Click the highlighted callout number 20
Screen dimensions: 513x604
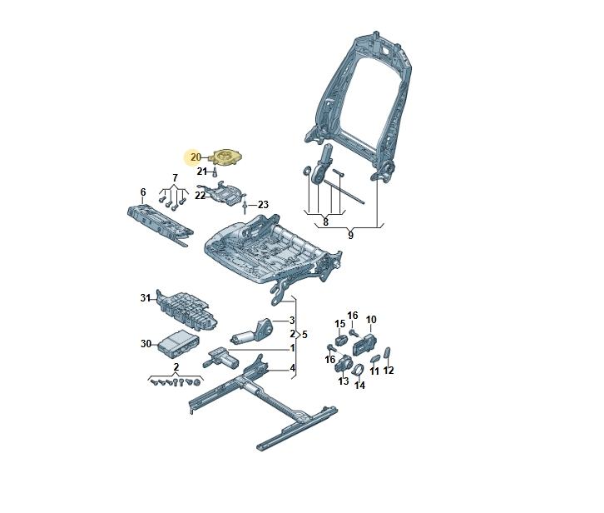click(x=196, y=157)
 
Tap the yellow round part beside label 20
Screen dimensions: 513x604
click(x=225, y=157)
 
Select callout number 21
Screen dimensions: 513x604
click(x=201, y=172)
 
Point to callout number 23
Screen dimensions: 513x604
click(x=263, y=205)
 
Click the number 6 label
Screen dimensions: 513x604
click(x=143, y=192)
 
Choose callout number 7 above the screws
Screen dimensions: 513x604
click(x=175, y=177)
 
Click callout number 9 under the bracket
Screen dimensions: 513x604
click(x=350, y=236)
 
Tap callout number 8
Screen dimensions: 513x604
click(x=325, y=222)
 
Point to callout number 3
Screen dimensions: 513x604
click(x=292, y=321)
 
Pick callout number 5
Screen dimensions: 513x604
click(x=304, y=334)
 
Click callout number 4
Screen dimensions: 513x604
click(x=292, y=368)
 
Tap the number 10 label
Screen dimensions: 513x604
click(x=371, y=319)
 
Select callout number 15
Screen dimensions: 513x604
click(x=339, y=324)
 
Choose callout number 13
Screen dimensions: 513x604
click(x=343, y=381)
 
